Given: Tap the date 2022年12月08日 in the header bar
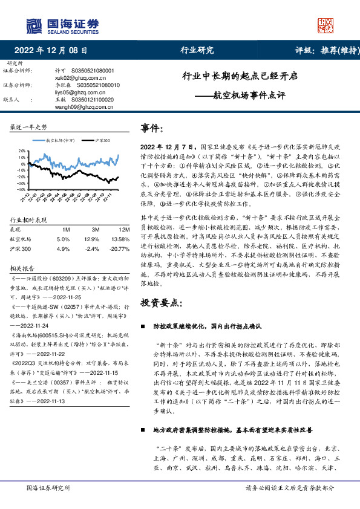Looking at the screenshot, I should point(50,50).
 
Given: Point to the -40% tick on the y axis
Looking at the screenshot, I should point(22,188).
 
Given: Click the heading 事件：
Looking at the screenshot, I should point(152,129).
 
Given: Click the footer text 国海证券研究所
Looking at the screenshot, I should point(49,488).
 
